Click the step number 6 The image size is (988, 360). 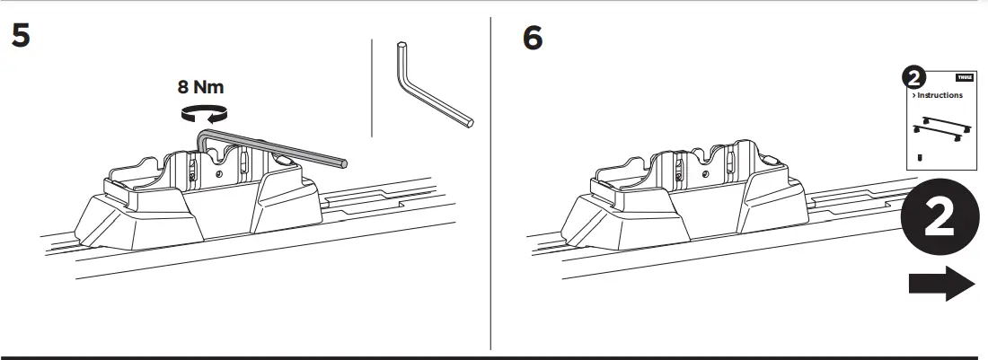click(x=532, y=39)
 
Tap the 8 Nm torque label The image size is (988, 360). click(x=201, y=87)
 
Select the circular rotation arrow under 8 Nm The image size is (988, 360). click(x=203, y=112)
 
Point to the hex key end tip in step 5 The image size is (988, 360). click(x=343, y=162)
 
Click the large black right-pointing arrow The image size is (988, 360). click(x=941, y=285)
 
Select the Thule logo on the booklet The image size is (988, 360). click(x=965, y=78)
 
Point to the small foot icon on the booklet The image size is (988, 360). click(x=921, y=156)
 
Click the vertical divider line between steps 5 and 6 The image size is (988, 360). click(x=490, y=180)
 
